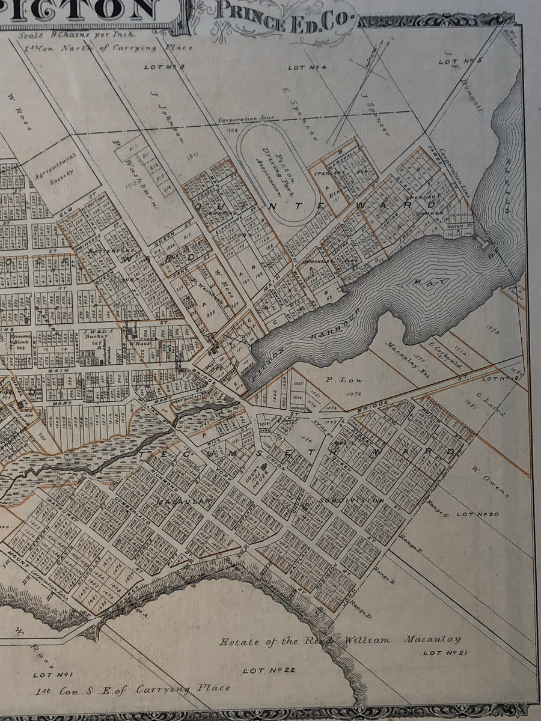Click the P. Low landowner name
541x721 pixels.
coord(338,380)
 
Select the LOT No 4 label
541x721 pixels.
coord(307,68)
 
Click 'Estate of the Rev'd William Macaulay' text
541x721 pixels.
coord(340,641)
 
